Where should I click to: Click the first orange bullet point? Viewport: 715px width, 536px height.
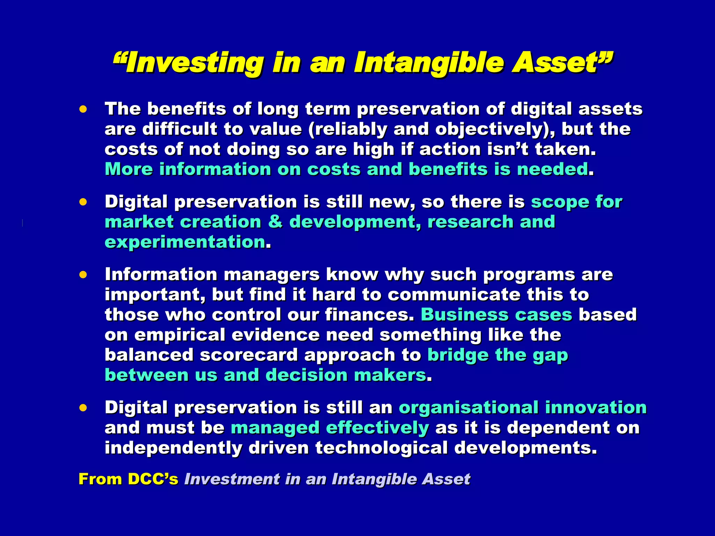point(83,109)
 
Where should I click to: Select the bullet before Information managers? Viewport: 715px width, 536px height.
point(83,275)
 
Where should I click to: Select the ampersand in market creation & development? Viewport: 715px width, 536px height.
point(275,222)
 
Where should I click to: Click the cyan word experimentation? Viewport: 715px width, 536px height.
point(185,242)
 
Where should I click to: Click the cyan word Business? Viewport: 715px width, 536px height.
point(464,315)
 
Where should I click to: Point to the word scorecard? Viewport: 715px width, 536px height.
point(249,355)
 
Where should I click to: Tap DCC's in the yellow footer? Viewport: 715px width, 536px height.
point(153,479)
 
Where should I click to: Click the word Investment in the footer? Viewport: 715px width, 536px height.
point(232,479)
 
